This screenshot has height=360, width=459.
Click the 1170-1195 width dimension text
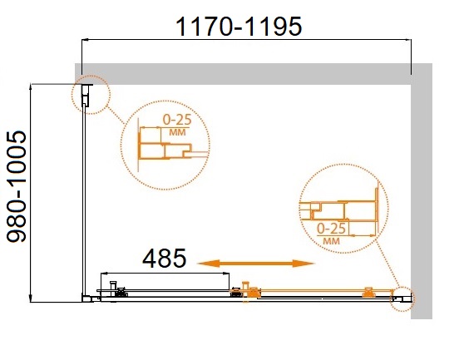[239, 27]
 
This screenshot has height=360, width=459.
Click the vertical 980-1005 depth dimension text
[17, 187]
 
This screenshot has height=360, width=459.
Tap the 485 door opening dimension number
[164, 259]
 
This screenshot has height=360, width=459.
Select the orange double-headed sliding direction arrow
[255, 264]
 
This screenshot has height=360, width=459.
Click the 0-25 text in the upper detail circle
[177, 120]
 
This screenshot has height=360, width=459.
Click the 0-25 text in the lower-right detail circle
[332, 229]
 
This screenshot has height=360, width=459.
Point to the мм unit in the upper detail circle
[177, 132]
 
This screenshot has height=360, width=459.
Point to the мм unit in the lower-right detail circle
[332, 241]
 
